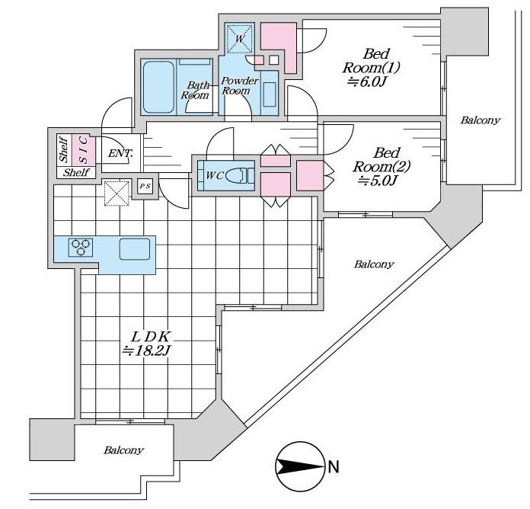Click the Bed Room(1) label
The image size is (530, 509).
(x=375, y=60)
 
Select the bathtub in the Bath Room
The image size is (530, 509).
(x=159, y=87)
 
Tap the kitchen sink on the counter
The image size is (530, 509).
(x=134, y=248)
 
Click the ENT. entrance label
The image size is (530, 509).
(x=121, y=154)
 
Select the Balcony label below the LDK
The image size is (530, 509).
(x=124, y=450)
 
